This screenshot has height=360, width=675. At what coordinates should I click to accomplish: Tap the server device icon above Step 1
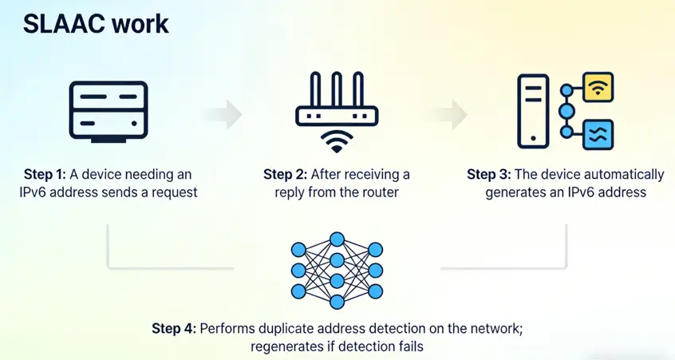point(108,111)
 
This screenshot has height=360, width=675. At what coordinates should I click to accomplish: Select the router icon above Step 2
point(336,100)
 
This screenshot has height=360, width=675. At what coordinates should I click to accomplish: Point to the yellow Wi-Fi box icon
point(598,86)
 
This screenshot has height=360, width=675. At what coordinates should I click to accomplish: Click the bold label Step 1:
point(46,174)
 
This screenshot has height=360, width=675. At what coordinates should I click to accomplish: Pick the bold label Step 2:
point(286,174)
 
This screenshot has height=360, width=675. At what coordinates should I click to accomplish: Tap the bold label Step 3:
point(489,174)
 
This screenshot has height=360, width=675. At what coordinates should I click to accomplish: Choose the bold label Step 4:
point(174,328)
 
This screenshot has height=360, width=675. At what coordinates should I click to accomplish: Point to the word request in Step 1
point(173,192)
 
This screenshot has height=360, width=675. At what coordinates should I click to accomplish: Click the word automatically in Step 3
point(623,174)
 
